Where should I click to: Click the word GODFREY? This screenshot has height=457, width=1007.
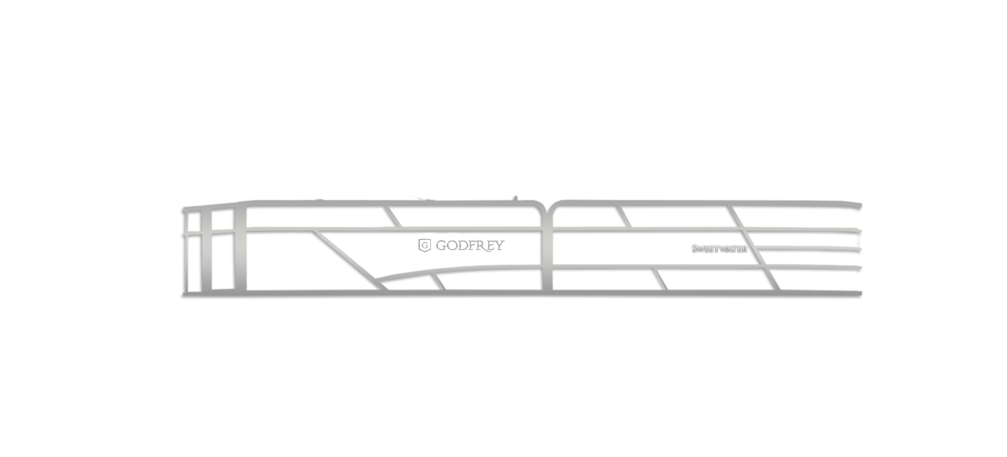coord(470,246)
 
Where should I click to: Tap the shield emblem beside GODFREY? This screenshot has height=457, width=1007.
coord(424,246)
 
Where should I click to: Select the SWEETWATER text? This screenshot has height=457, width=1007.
coord(719,249)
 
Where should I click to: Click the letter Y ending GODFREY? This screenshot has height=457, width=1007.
coord(499,246)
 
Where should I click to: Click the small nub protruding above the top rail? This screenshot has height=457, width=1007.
coord(516,198)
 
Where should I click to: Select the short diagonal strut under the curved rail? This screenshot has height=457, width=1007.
coord(438,282)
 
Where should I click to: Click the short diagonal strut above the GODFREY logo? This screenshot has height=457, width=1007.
coord(392,217)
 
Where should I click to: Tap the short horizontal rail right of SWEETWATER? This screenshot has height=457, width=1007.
coord(808,249)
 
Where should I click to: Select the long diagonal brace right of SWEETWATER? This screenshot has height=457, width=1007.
coord(754,248)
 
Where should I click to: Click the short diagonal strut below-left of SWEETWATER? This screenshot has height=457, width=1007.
coord(660,280)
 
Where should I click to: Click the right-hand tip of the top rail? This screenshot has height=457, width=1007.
coord(860,206)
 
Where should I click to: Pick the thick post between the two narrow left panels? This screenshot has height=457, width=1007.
coord(206,249)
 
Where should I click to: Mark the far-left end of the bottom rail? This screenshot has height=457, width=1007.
coord(183,294)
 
